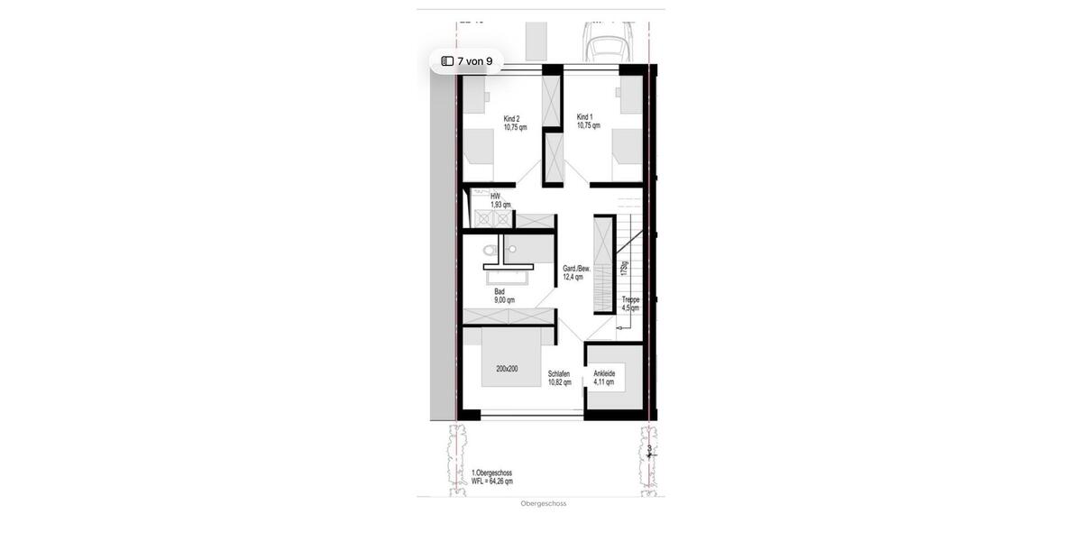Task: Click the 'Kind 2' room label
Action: (511, 118)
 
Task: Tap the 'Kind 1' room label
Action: (584, 116)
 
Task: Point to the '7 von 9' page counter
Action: (466, 61)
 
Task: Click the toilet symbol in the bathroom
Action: (490, 250)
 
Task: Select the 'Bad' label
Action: (500, 291)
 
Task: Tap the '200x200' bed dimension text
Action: (506, 369)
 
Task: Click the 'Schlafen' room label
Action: (559, 373)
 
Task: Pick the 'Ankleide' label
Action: (604, 372)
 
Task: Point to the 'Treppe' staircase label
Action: (630, 299)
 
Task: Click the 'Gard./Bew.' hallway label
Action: (577, 269)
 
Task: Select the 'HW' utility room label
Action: (495, 196)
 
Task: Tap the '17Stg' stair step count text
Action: (624, 269)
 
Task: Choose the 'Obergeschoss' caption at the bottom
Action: (544, 504)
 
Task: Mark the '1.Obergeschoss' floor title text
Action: (491, 472)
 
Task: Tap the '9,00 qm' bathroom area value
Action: (504, 300)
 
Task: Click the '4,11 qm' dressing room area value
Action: (603, 381)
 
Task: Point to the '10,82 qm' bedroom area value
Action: (560, 382)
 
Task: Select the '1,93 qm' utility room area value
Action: (500, 205)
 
